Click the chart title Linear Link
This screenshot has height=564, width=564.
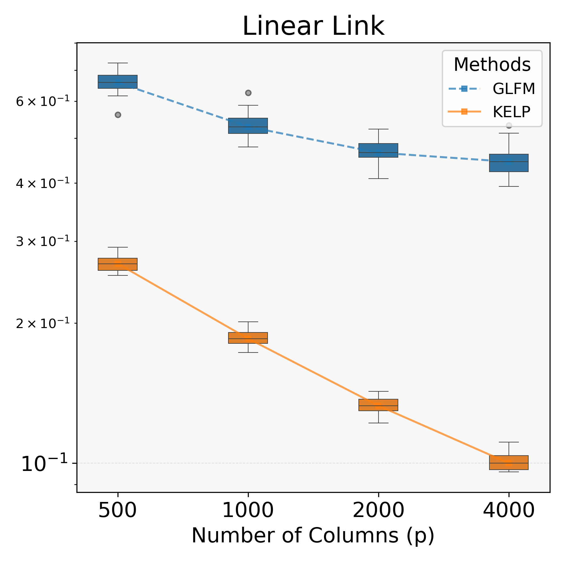(313, 26)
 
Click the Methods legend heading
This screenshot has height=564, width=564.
(492, 65)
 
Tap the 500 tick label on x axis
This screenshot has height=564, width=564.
(118, 511)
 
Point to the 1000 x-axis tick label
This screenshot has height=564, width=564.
(248, 511)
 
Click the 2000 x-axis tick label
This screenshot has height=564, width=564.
(378, 511)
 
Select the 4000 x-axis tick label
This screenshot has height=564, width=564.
(509, 511)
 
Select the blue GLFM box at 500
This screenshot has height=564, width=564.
(118, 82)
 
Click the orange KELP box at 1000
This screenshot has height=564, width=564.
(248, 338)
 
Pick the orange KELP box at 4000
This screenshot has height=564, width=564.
(509, 462)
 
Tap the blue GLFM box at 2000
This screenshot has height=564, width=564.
(378, 150)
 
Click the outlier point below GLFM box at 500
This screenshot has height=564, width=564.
(118, 115)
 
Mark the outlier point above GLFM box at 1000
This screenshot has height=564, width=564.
(248, 93)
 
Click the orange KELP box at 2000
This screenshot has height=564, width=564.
(378, 405)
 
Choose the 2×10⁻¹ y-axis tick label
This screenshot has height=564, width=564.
(43, 323)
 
